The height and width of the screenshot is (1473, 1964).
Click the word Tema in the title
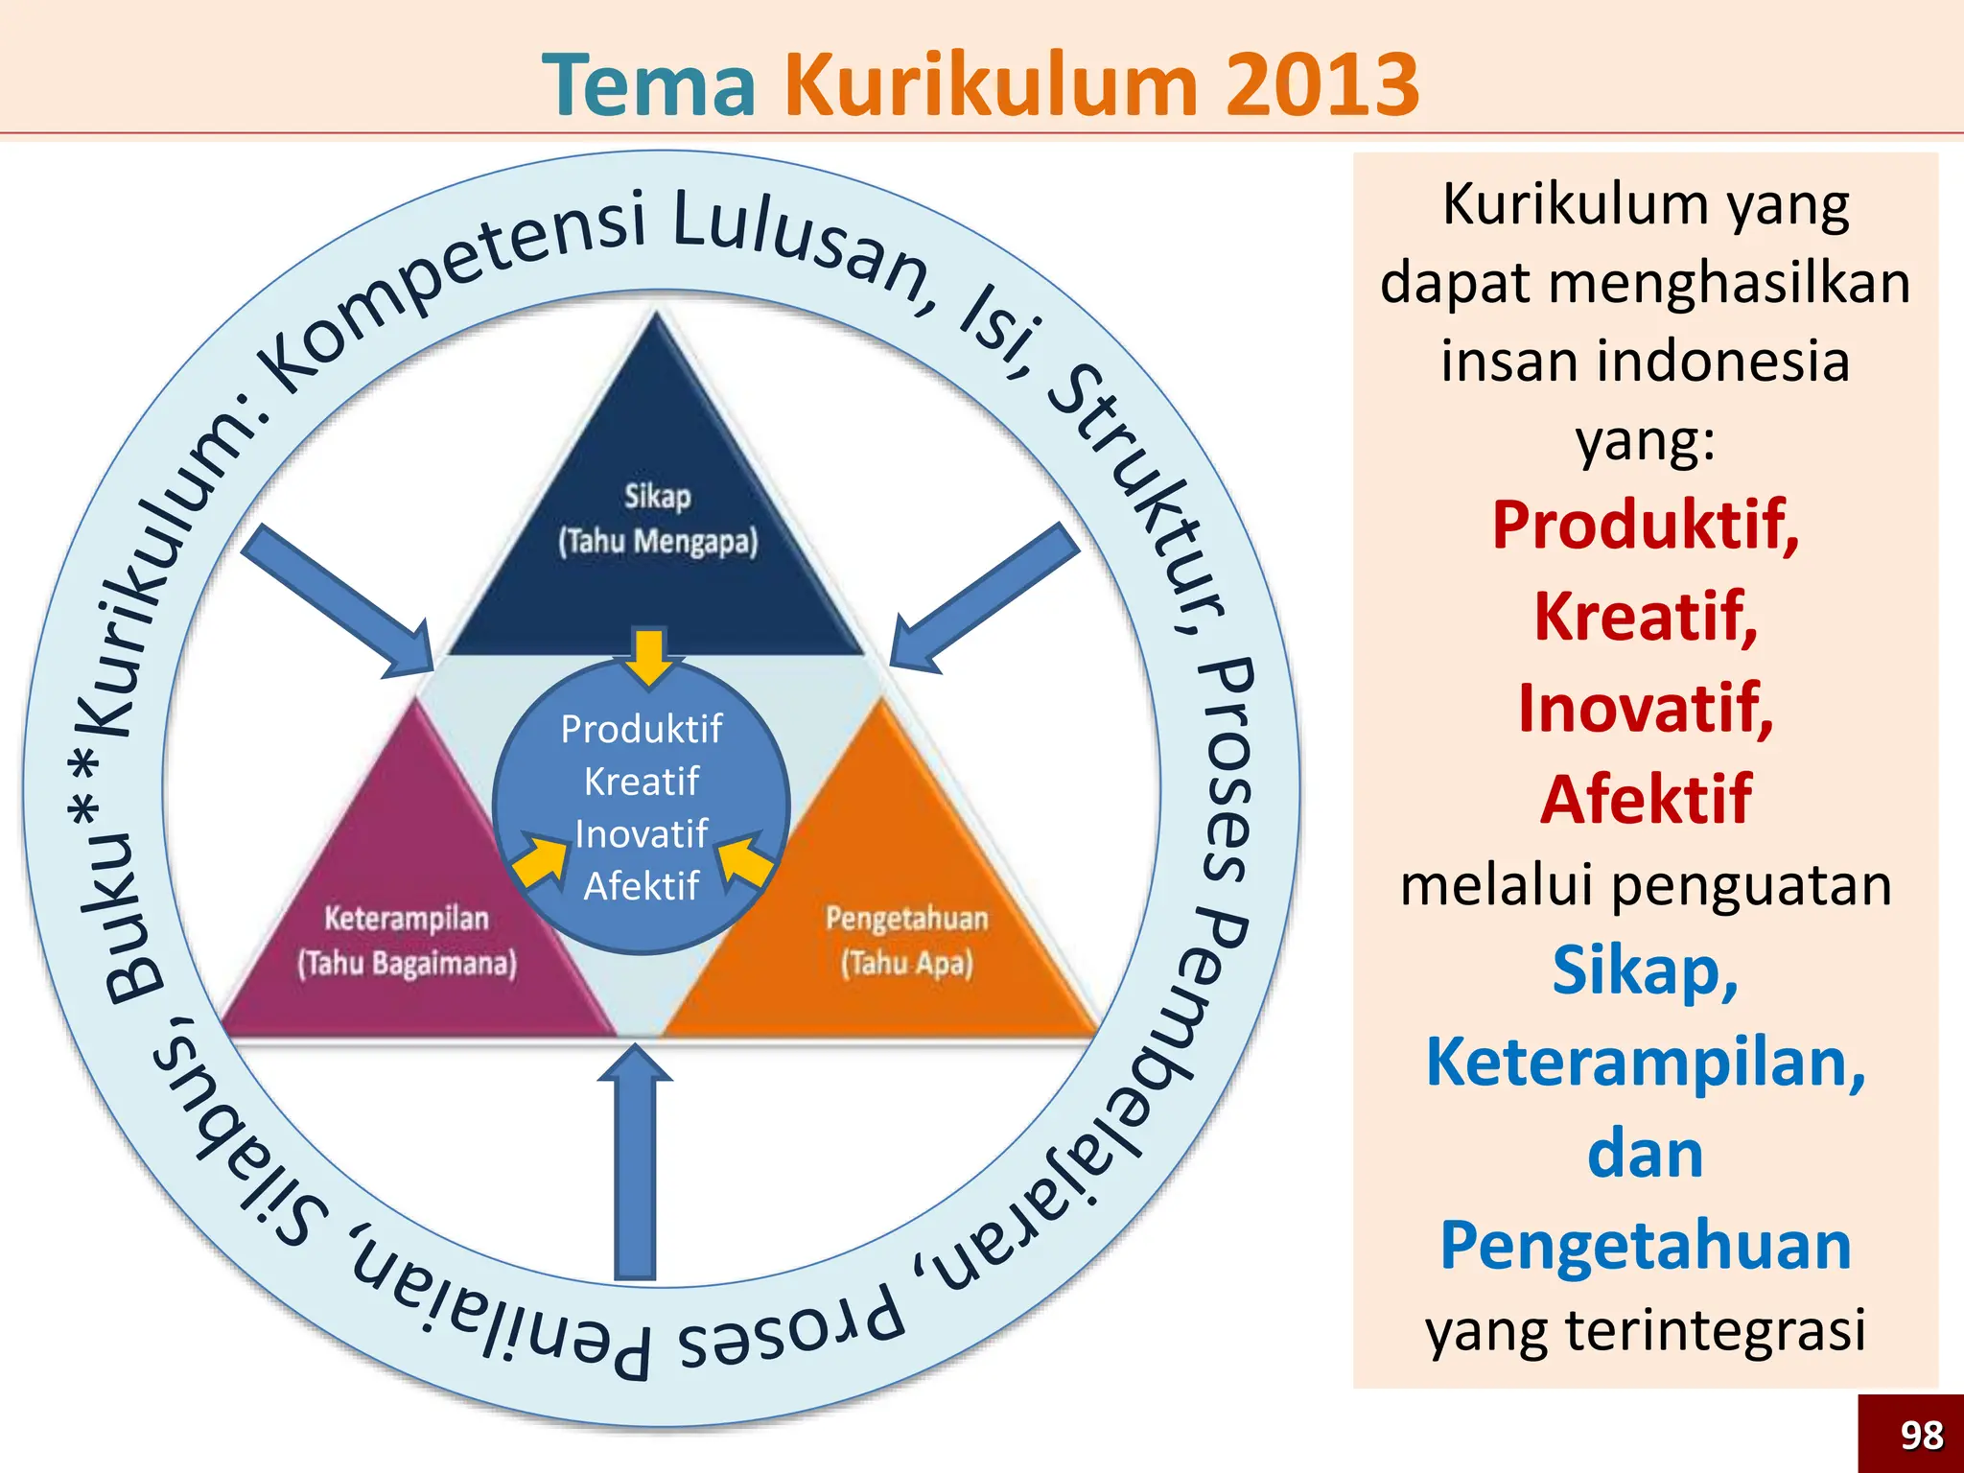(x=649, y=84)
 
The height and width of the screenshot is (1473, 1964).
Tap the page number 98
(x=1921, y=1436)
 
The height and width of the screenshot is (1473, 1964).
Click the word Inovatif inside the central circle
(x=641, y=833)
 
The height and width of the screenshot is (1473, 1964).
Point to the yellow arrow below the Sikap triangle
(x=649, y=657)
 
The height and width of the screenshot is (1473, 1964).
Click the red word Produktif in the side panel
(x=1646, y=525)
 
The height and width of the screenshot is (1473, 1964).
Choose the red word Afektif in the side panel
(x=1646, y=799)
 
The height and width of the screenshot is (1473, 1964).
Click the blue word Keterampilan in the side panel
(x=1646, y=1062)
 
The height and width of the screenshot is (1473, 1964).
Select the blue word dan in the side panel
(x=1646, y=1154)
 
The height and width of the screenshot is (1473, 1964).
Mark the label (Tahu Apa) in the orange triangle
(x=907, y=963)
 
